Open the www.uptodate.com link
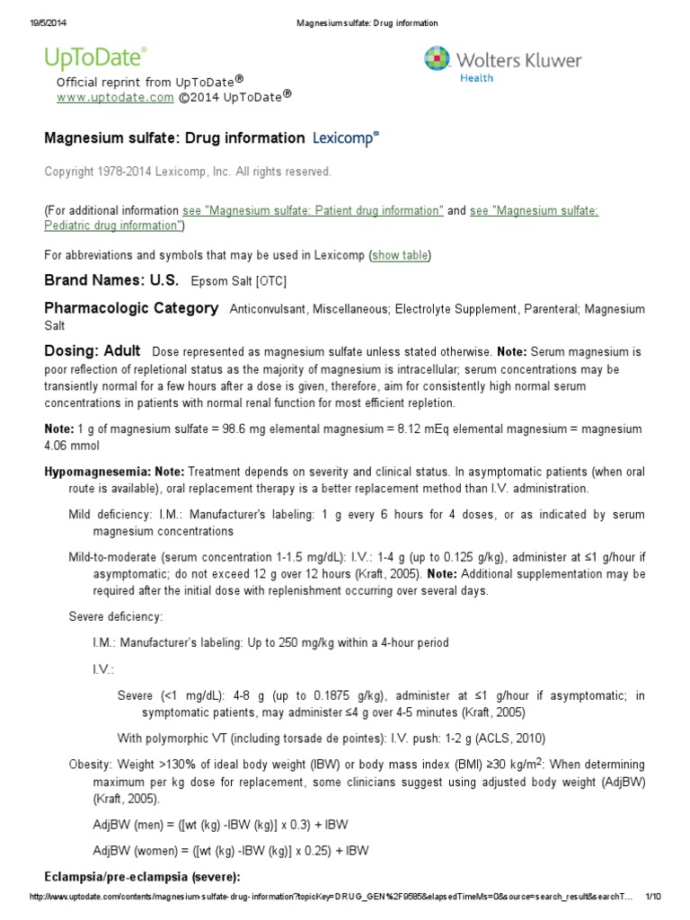(x=115, y=97)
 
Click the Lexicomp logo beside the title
(x=346, y=138)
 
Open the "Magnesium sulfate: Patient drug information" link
(x=313, y=210)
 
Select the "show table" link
(x=400, y=255)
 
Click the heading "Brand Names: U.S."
(x=111, y=280)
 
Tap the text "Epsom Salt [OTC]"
(x=239, y=281)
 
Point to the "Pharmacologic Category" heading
(x=131, y=308)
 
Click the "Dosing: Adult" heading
(x=93, y=350)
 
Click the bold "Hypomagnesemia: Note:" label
(x=114, y=472)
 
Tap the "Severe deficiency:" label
(x=116, y=616)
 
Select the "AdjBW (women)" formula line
(x=230, y=850)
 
